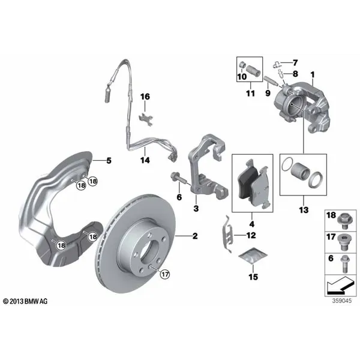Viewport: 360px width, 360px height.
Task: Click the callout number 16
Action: [x=145, y=97]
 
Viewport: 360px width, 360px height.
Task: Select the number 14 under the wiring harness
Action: [x=145, y=160]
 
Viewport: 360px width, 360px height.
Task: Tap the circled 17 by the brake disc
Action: [x=165, y=274]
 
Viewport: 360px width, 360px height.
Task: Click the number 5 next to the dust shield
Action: [x=109, y=160]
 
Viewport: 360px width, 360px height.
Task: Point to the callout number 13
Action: [x=304, y=209]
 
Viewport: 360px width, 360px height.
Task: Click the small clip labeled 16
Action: [x=146, y=119]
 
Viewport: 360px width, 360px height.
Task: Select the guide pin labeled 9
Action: [x=271, y=80]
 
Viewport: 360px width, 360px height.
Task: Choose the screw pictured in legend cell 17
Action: [x=343, y=243]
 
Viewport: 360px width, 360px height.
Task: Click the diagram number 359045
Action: [x=341, y=301]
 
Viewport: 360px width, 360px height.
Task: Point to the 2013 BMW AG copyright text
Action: [x=25, y=301]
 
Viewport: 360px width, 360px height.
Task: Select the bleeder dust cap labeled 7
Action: [x=277, y=65]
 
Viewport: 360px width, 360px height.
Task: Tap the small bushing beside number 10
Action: [x=242, y=65]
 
